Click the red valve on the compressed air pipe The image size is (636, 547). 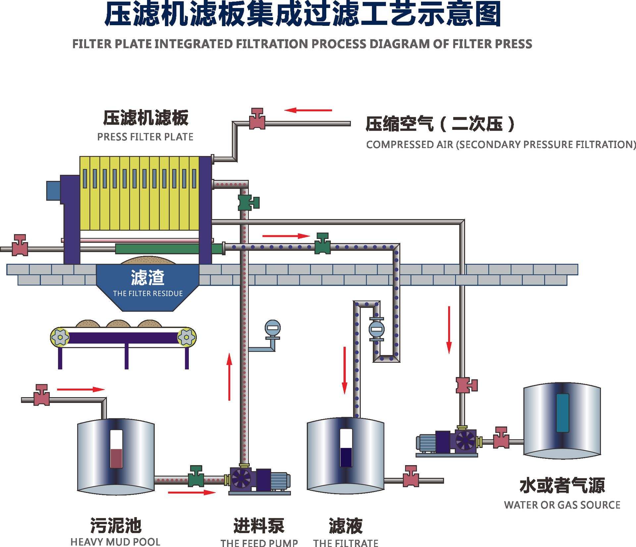tap(257, 119)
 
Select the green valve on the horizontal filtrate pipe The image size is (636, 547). tap(322, 244)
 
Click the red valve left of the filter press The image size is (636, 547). tap(20, 246)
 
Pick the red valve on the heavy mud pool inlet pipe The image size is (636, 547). tap(42, 395)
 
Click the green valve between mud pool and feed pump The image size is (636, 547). tap(196, 477)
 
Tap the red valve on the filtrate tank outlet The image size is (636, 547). tap(411, 477)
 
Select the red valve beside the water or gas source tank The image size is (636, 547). tap(501, 438)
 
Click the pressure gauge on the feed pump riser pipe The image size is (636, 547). tap(272, 329)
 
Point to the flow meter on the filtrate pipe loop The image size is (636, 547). tap(377, 329)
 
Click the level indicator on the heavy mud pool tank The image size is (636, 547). tap(116, 449)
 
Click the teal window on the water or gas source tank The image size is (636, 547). tap(562, 413)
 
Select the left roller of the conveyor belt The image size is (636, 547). tap(60, 338)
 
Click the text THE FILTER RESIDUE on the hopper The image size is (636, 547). tap(148, 294)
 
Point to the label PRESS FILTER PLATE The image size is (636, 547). tap(145, 137)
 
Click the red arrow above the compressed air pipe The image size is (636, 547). tap(308, 110)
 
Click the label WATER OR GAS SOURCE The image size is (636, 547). tap(562, 505)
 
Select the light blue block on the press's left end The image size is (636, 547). tap(53, 191)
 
